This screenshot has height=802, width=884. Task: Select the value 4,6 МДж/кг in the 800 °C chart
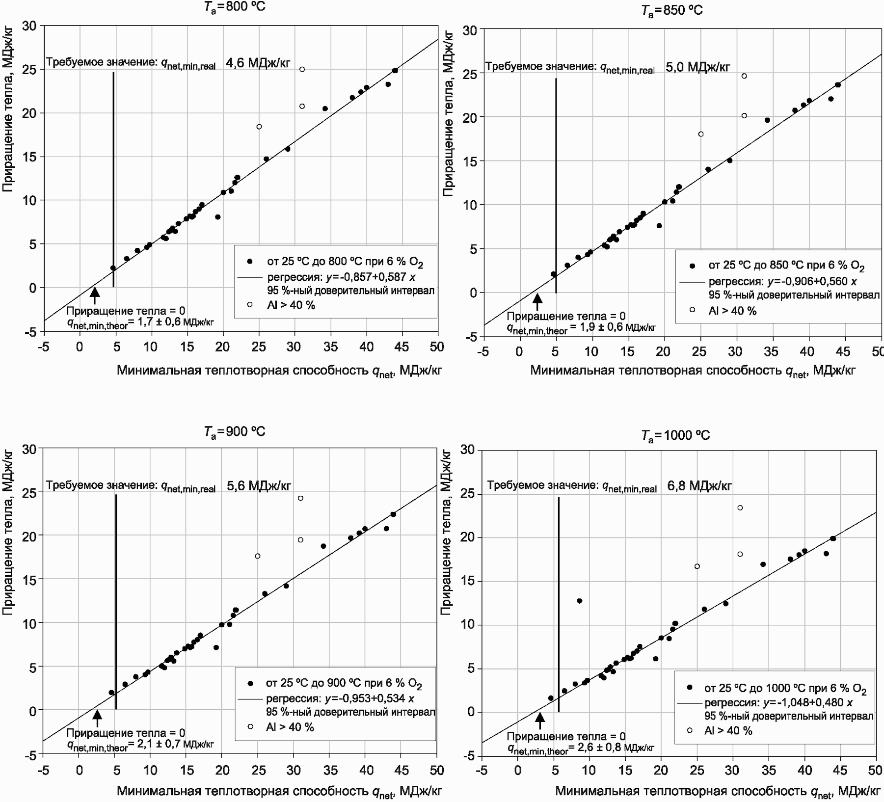click(x=258, y=63)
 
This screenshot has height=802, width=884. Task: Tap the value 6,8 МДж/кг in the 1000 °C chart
click(x=699, y=486)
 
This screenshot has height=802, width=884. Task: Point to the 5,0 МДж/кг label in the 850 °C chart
click(x=698, y=67)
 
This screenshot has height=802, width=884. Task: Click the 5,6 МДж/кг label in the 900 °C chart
click(x=259, y=486)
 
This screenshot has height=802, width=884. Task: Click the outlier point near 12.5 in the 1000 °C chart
click(x=579, y=601)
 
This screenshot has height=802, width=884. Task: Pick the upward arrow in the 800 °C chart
click(x=95, y=295)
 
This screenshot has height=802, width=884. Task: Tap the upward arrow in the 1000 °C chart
click(x=540, y=721)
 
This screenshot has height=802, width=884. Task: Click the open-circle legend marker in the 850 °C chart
click(x=692, y=310)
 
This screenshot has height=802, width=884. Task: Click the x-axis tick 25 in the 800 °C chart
click(x=259, y=347)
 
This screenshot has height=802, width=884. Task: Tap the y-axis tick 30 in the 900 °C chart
click(x=29, y=449)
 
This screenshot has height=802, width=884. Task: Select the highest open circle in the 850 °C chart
click(x=744, y=76)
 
